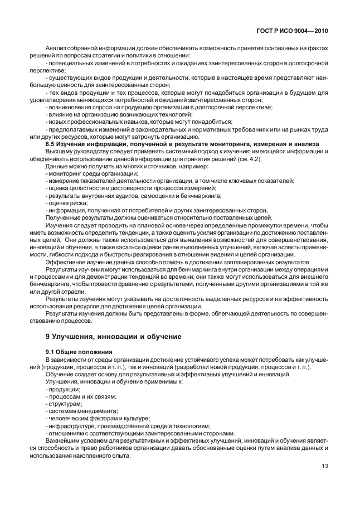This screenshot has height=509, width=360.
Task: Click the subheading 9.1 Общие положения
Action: click(x=79, y=352)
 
